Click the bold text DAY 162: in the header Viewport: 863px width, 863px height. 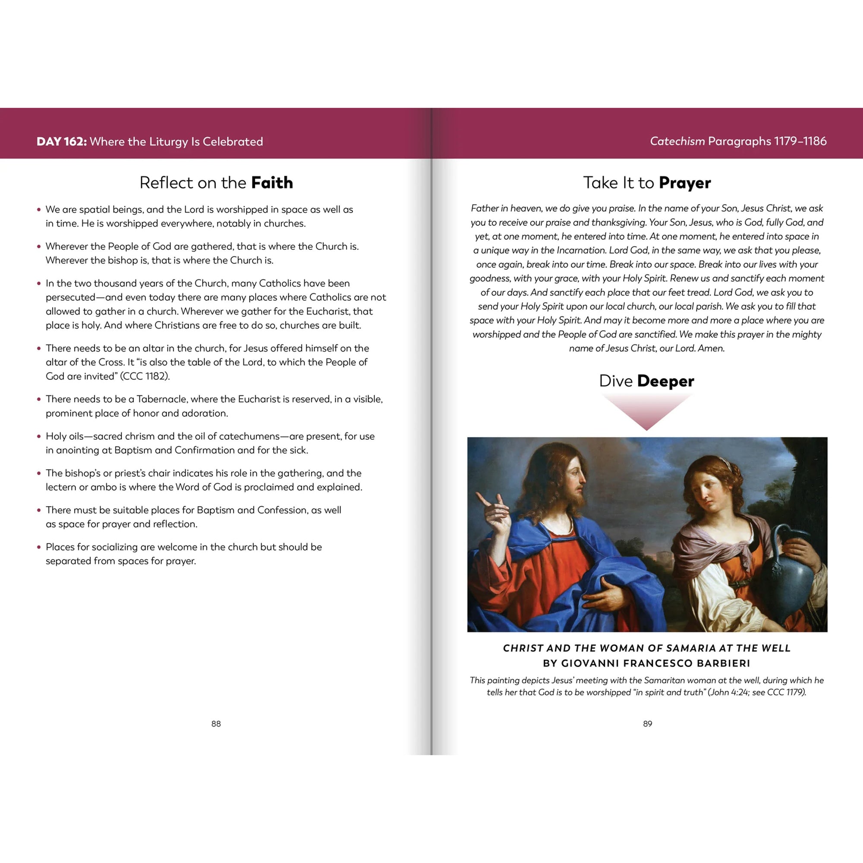(x=62, y=142)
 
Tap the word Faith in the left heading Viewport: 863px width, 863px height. (x=271, y=183)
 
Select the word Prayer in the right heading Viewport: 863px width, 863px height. (x=684, y=183)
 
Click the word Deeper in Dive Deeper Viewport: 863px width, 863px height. (x=665, y=381)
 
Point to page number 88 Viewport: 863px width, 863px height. (x=216, y=724)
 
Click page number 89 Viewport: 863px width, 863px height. (x=647, y=724)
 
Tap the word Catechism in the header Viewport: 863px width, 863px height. (x=677, y=141)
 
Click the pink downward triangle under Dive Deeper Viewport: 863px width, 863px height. (x=646, y=411)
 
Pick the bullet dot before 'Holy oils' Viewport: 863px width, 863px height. (x=39, y=436)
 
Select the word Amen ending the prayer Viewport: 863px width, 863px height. (x=710, y=348)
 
